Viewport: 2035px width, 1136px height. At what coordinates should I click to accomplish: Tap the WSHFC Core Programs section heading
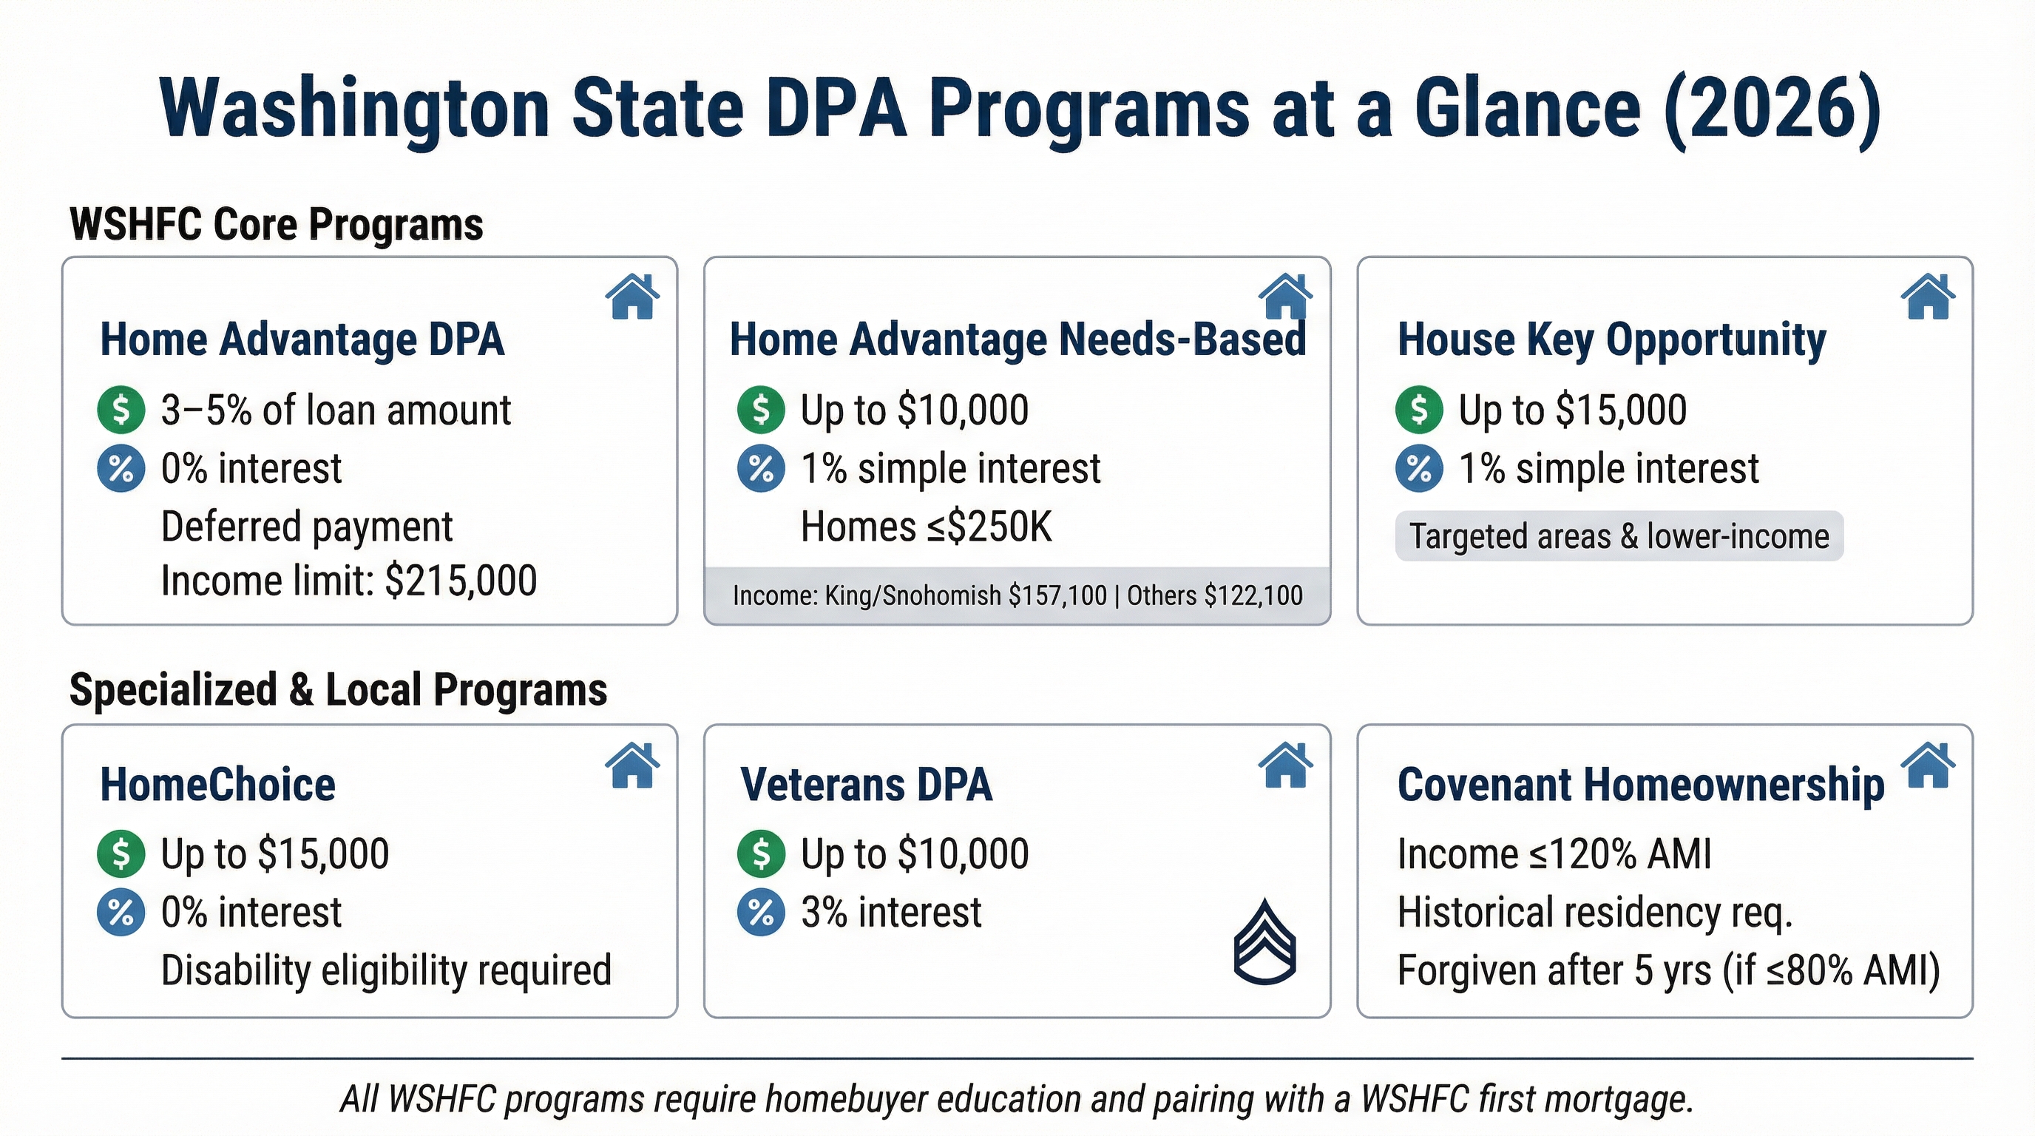277,224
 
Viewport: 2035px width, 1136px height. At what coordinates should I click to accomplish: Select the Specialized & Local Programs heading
338,689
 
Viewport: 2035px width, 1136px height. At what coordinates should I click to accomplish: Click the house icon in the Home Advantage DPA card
632,297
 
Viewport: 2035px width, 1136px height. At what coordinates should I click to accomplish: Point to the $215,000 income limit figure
461,581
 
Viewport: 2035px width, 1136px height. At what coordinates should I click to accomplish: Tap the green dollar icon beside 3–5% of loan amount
121,410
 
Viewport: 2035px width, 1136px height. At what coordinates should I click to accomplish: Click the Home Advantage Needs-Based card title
1017,339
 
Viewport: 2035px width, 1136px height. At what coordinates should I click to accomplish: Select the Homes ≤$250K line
926,527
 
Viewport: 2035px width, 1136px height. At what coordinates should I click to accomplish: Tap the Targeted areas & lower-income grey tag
1619,536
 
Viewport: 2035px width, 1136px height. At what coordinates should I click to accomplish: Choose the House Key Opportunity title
1611,339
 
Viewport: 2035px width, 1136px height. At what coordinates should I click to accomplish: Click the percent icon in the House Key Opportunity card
1419,468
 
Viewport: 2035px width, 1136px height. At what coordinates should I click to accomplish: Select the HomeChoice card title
218,785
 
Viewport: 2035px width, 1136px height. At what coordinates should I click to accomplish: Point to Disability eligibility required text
386,970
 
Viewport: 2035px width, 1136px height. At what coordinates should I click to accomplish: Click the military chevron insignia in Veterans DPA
1264,941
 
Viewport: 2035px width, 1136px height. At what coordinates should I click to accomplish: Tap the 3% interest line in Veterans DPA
890,913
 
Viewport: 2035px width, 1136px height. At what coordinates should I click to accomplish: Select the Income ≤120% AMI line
1554,854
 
